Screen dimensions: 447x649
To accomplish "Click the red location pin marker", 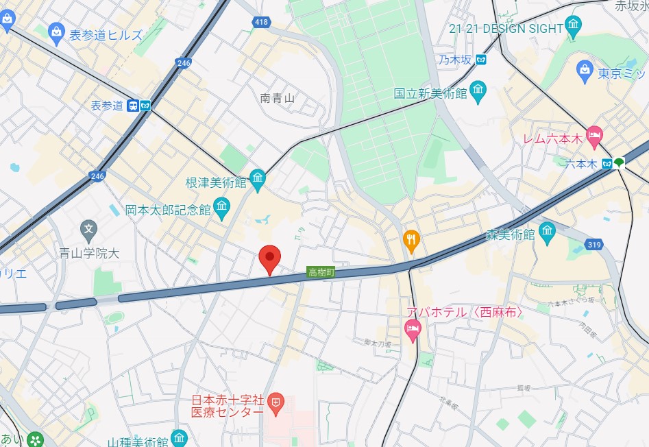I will point(270,259).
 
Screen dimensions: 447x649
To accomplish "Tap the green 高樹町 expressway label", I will point(321,272).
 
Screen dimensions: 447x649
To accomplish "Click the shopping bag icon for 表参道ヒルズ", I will point(57,32).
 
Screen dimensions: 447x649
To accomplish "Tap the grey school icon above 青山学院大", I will point(88,228).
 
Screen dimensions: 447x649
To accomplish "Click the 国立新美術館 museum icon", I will point(478,90).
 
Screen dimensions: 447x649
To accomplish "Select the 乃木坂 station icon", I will point(481,60).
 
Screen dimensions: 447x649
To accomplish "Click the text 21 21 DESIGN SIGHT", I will point(506,28).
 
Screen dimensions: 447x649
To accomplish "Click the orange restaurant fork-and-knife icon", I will point(411,239).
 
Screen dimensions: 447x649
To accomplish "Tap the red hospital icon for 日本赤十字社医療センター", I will point(275,402).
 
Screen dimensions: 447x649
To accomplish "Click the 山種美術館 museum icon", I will point(179,437).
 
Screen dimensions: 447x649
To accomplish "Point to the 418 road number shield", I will point(260,23).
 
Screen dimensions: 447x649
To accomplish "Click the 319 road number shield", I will point(595,245).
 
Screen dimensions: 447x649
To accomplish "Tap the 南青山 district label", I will point(277,98).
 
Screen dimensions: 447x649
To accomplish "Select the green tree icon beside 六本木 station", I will point(620,162).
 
